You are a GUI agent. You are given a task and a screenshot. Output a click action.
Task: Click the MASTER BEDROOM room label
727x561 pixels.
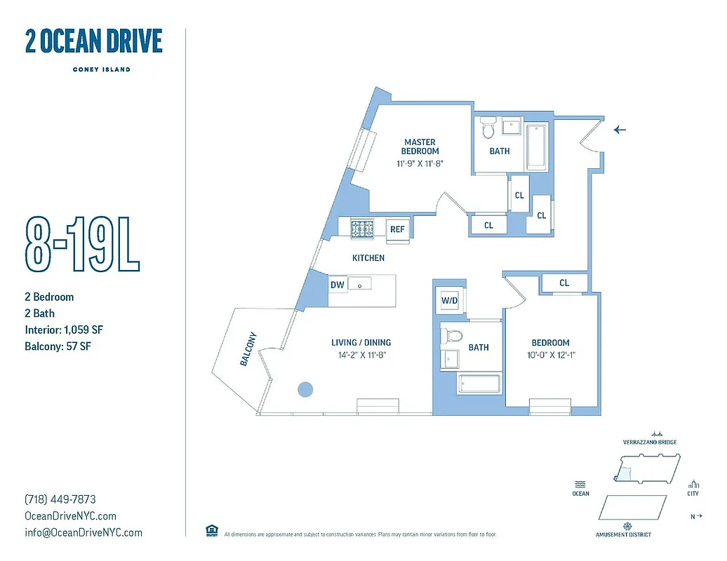[420, 147]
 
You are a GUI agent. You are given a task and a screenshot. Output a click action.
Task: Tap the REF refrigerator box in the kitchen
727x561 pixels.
[397, 229]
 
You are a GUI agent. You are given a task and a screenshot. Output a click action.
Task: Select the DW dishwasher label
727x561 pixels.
[337, 285]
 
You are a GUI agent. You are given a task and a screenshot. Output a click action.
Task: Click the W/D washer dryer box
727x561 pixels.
[449, 301]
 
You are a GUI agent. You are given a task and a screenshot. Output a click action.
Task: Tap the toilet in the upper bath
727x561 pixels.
[488, 129]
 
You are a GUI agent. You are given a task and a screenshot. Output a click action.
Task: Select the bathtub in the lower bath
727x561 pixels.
[479, 384]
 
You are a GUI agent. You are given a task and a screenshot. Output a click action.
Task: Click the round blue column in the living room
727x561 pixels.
[305, 388]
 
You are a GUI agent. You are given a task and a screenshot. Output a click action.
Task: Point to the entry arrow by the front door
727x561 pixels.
[620, 129]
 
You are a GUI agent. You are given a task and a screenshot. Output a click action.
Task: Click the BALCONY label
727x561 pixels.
[247, 349]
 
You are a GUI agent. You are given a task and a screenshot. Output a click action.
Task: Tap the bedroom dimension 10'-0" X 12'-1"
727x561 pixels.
[551, 355]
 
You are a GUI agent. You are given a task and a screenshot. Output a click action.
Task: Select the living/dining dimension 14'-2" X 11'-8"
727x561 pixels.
[361, 355]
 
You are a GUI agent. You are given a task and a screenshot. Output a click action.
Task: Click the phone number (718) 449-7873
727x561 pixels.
[60, 499]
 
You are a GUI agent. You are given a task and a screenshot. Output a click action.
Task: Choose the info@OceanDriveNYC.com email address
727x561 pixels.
[83, 532]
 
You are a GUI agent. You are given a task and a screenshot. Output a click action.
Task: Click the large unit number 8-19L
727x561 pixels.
[82, 243]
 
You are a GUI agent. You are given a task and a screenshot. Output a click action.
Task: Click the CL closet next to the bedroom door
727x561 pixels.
[564, 283]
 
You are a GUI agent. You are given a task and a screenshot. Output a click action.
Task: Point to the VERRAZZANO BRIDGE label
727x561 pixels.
[649, 442]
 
